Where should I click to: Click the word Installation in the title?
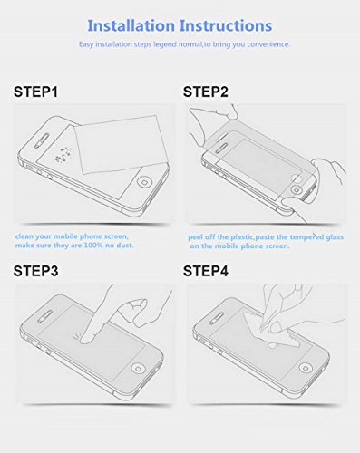click(x=131, y=25)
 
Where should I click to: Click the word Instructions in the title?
click(x=226, y=25)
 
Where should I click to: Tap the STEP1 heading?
click(x=35, y=92)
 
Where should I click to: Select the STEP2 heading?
click(x=206, y=92)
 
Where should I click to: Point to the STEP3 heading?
click(x=35, y=271)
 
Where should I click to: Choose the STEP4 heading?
click(x=206, y=271)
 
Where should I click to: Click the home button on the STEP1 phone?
click(x=144, y=182)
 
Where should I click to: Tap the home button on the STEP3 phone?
click(x=139, y=368)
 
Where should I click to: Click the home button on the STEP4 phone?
click(x=306, y=368)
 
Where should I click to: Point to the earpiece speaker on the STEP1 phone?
click(x=42, y=140)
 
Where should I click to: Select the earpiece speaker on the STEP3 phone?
click(x=44, y=316)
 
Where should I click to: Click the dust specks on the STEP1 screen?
click(x=63, y=154)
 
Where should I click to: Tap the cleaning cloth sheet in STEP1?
click(x=122, y=145)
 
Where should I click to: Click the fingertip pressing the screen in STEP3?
click(x=87, y=338)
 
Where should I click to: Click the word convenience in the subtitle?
click(x=268, y=44)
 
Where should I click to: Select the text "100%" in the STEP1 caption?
click(x=93, y=245)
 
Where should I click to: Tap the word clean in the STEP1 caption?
click(x=24, y=236)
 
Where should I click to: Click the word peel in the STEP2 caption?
click(x=196, y=237)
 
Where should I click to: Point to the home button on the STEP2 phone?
click(x=296, y=190)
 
